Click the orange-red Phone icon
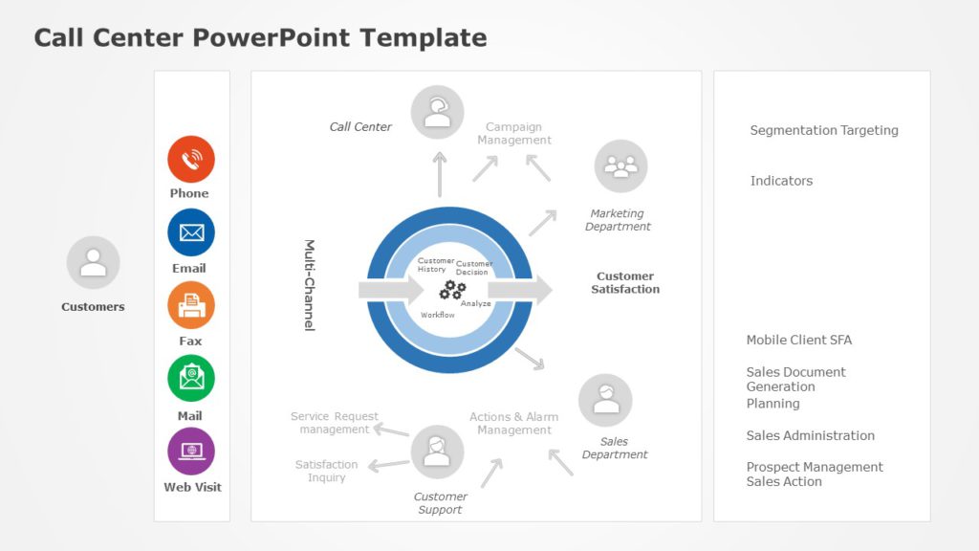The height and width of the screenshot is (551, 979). (x=191, y=159)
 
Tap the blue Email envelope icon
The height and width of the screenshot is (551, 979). (x=191, y=232)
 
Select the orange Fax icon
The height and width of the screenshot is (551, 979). (x=191, y=305)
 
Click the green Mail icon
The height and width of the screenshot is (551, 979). (x=191, y=378)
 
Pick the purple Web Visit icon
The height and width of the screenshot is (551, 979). (x=191, y=452)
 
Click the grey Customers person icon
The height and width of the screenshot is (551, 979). (x=93, y=262)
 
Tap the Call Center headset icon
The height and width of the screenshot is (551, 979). (x=438, y=112)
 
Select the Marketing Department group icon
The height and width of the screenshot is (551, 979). (x=620, y=166)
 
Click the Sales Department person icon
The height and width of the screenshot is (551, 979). (x=605, y=400)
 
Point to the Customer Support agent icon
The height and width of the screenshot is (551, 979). (x=437, y=452)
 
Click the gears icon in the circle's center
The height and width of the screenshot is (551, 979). (x=452, y=291)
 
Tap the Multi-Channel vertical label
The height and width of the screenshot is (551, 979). (x=310, y=285)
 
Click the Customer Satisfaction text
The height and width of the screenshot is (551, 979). (x=625, y=282)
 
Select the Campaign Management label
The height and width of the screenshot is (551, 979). (x=514, y=133)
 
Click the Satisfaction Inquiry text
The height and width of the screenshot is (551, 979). (x=326, y=471)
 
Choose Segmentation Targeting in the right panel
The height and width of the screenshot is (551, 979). (x=824, y=130)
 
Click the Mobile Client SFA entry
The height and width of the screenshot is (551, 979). (x=798, y=340)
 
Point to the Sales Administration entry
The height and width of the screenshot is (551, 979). (x=810, y=435)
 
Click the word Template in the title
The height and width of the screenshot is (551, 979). (x=424, y=38)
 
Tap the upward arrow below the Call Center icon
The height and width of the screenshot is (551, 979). (x=440, y=173)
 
